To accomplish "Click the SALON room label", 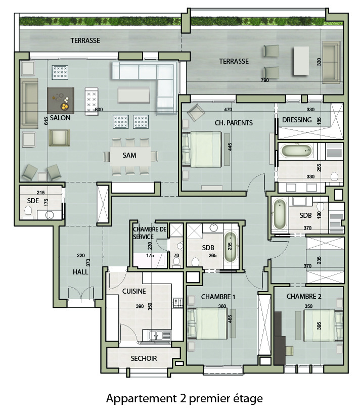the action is [60, 118].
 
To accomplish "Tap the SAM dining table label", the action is [129, 155].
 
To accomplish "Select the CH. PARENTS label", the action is [234, 123].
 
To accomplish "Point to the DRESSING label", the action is [297, 120].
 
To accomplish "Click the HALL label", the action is [80, 272].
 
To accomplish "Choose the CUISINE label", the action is [134, 291].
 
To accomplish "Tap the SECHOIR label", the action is [144, 358].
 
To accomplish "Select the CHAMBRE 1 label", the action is [218, 297].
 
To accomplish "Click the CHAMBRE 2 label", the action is [304, 296].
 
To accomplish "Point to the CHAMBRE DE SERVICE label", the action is [150, 233].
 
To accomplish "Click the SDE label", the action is [33, 201].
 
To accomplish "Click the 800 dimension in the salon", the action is [99, 110].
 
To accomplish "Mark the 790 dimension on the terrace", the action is [264, 80].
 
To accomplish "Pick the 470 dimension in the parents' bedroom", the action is [228, 110].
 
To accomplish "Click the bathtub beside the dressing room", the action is [297, 151].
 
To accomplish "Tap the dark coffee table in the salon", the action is [61, 101].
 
